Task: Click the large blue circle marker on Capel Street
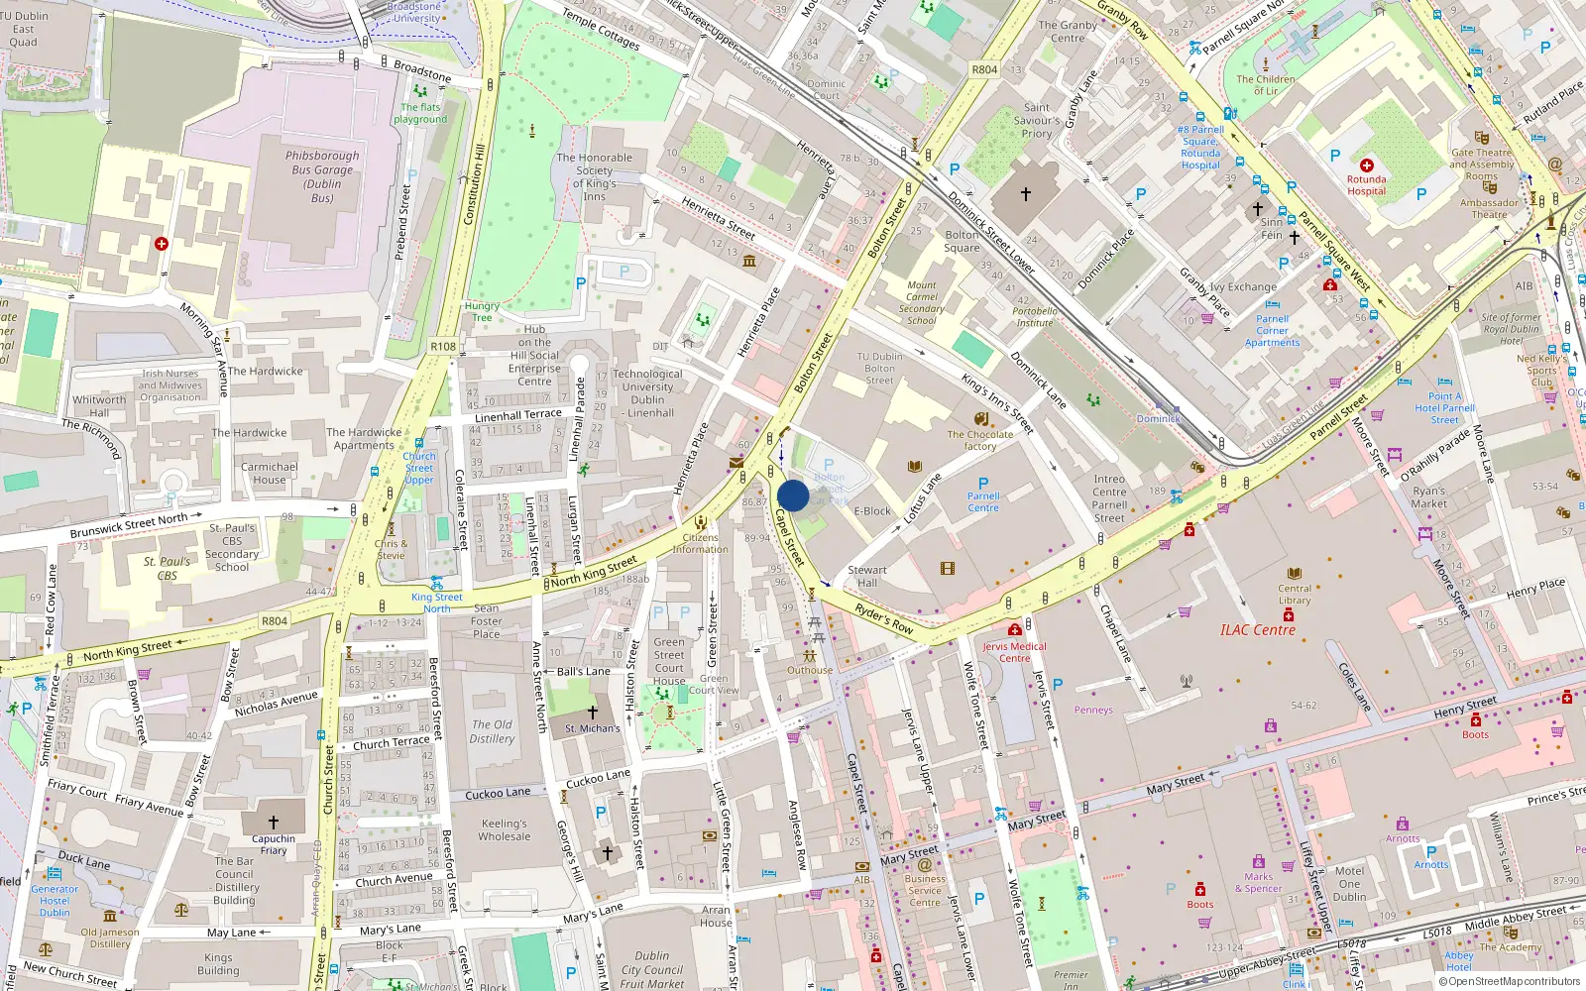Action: (x=793, y=495)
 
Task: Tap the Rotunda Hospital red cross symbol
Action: (x=1367, y=165)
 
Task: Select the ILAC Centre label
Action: (x=1257, y=630)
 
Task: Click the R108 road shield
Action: (x=443, y=347)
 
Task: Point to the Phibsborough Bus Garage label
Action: (x=322, y=176)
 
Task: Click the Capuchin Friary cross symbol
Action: (x=274, y=822)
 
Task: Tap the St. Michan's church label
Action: (x=592, y=728)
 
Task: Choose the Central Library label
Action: (x=1294, y=594)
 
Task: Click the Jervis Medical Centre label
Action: (x=1014, y=652)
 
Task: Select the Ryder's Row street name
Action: (x=883, y=619)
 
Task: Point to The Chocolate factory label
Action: (x=979, y=440)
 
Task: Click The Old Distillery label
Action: (x=492, y=731)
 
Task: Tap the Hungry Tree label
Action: (x=482, y=311)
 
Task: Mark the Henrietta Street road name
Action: (x=718, y=217)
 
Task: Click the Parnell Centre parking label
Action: (x=983, y=501)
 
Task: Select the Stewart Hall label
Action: (x=866, y=576)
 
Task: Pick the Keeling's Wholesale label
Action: (x=505, y=829)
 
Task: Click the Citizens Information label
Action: (x=700, y=543)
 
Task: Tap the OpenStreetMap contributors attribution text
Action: (x=1509, y=981)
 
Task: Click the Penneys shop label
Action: (x=1092, y=710)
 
